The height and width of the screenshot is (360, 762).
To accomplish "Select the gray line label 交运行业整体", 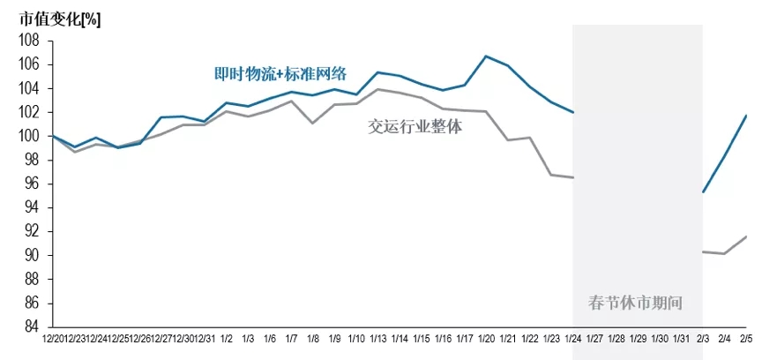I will (415, 126).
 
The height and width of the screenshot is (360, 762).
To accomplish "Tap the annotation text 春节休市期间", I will (635, 303).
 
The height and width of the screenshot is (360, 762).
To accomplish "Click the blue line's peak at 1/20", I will (486, 56).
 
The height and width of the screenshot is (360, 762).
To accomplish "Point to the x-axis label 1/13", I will (378, 339).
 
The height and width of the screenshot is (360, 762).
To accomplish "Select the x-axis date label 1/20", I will (486, 339).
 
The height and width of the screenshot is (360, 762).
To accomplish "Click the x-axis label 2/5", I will (746, 339).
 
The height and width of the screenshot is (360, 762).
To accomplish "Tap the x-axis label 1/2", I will (227, 339).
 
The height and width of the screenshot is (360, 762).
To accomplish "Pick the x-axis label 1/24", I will (572, 339).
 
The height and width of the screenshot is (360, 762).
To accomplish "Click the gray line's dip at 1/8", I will (313, 123).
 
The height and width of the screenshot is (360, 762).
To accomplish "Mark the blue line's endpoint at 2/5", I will (746, 116).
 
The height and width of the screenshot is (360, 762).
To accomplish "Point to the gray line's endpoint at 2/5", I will (746, 236).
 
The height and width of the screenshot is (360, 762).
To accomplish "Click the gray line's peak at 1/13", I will (378, 89).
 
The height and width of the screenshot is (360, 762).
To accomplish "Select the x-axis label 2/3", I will (703, 339).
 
